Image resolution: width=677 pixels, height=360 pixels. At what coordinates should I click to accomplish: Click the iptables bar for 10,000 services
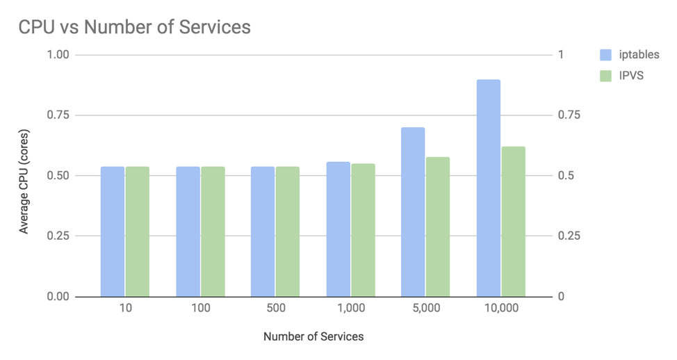tap(488, 188)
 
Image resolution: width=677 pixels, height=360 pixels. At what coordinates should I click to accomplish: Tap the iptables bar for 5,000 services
tap(413, 212)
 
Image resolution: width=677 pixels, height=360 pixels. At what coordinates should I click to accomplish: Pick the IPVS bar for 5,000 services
tap(438, 227)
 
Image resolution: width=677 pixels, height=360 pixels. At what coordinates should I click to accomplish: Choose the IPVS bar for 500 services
tap(288, 231)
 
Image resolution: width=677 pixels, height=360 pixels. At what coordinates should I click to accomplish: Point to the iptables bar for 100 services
tap(188, 231)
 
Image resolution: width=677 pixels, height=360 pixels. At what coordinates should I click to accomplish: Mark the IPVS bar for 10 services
tap(138, 231)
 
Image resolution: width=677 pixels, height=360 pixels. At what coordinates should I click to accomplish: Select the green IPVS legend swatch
tap(605, 76)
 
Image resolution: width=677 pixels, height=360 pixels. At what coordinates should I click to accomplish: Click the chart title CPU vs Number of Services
tap(134, 27)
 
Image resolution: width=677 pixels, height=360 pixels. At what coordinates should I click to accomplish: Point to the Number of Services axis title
tap(313, 336)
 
